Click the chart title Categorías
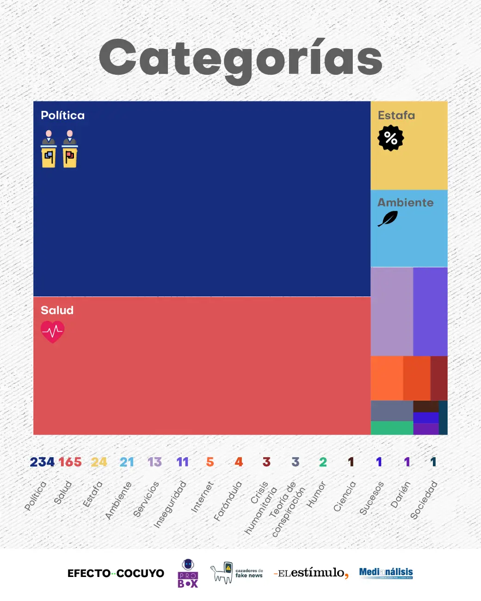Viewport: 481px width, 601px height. [x=240, y=59]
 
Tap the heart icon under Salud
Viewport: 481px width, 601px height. [x=53, y=331]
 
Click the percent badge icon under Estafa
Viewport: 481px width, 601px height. [x=391, y=138]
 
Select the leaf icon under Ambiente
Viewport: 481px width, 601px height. [x=388, y=219]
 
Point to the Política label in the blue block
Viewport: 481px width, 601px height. [x=62, y=115]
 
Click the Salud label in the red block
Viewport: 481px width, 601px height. [x=57, y=310]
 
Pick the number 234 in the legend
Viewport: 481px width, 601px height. [x=42, y=462]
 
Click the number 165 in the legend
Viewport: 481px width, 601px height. [x=70, y=462]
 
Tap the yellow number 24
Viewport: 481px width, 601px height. [x=99, y=462]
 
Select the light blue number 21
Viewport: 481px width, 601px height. [x=127, y=462]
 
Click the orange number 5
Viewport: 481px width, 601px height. [x=210, y=462]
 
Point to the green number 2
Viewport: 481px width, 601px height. [x=323, y=462]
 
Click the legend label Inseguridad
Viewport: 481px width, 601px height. [x=170, y=504]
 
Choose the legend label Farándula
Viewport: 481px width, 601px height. [x=228, y=501]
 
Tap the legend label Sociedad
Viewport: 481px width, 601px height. [x=424, y=500]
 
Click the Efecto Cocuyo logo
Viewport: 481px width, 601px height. [x=116, y=573]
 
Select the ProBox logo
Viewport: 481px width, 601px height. [x=188, y=573]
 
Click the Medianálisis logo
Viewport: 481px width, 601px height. [x=386, y=573]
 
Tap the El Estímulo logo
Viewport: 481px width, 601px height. [x=311, y=573]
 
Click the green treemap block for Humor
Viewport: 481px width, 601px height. [x=392, y=428]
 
